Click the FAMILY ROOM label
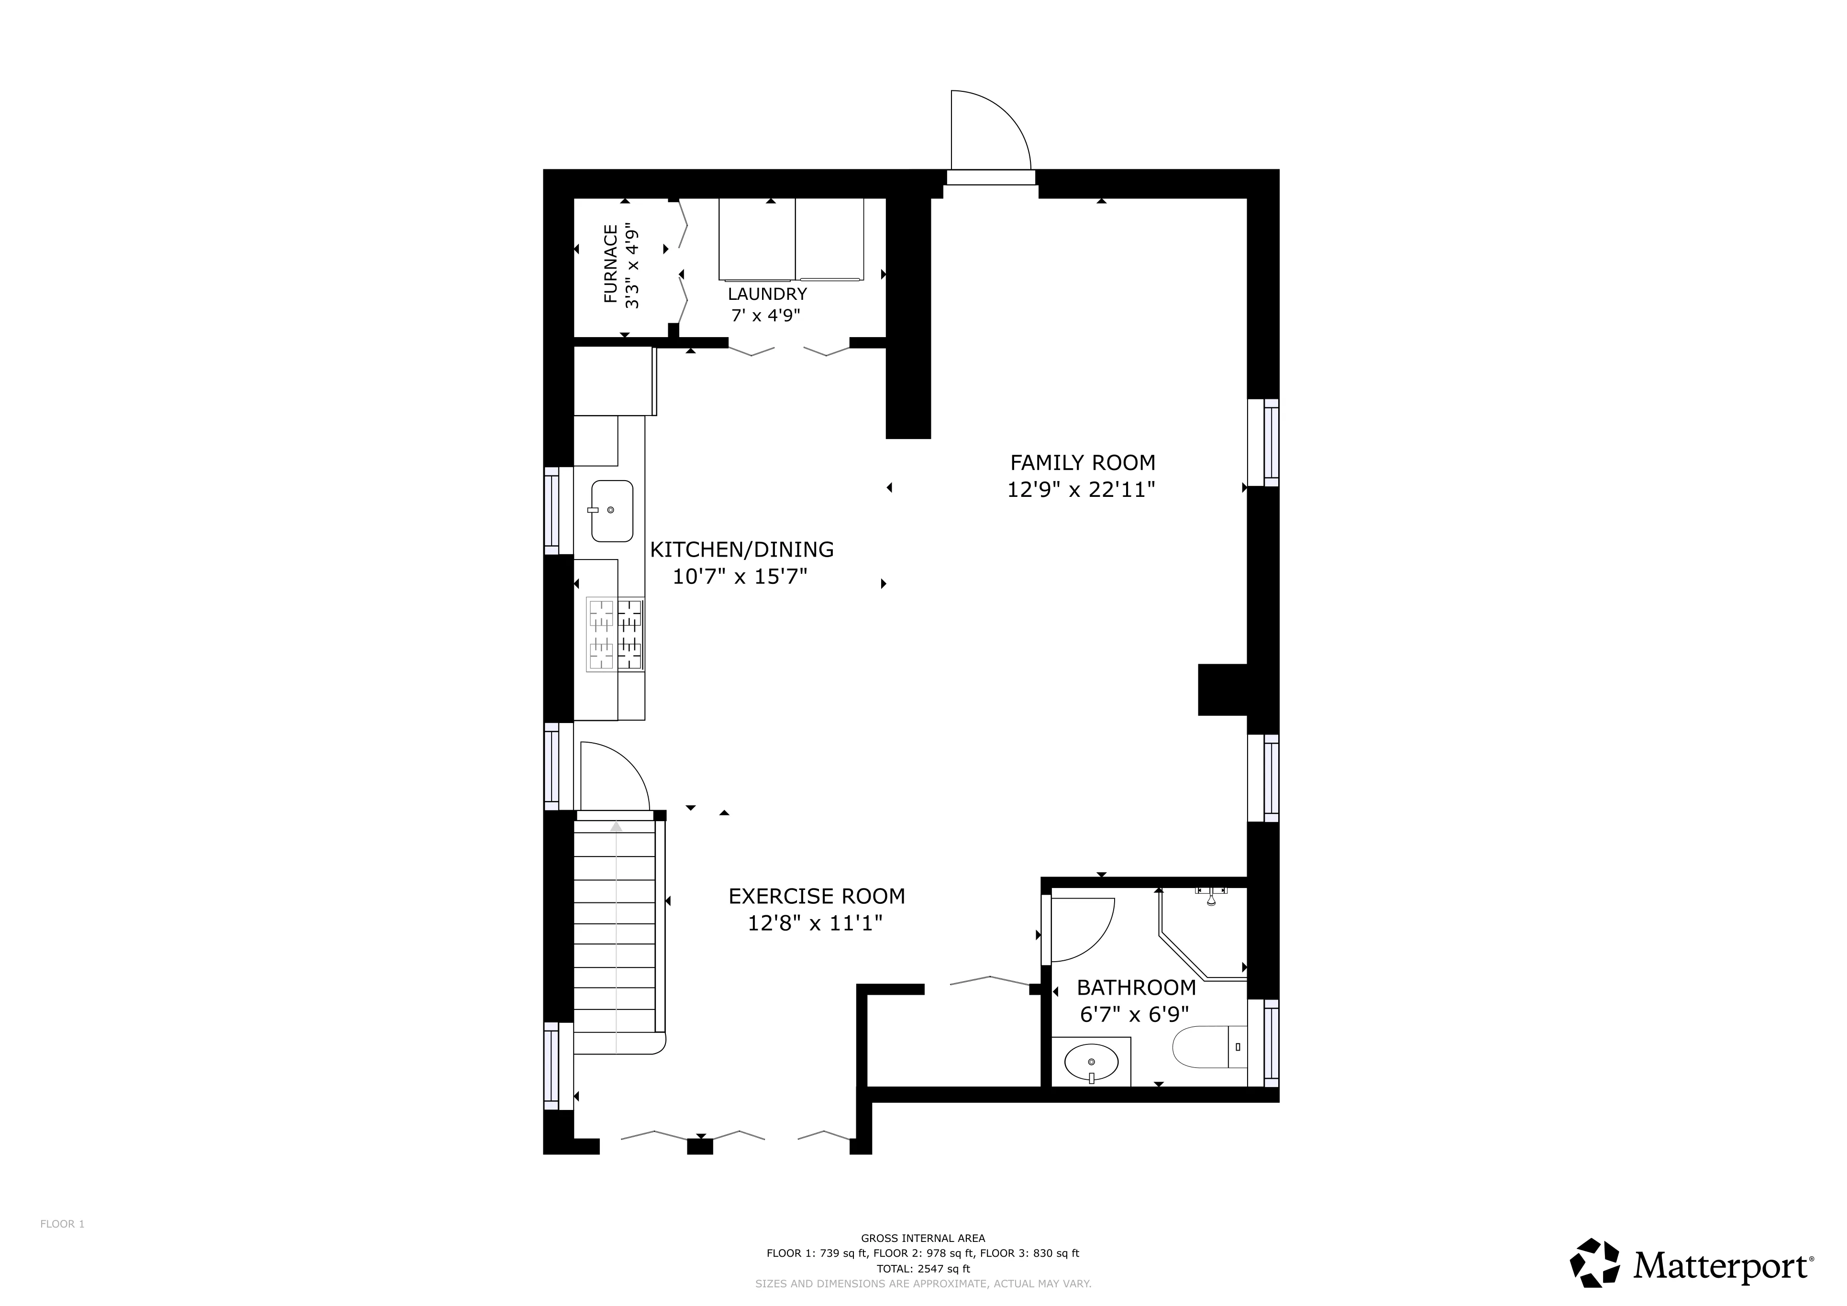point(1082,463)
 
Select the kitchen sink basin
point(612,511)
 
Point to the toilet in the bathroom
point(1206,1046)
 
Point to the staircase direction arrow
point(616,827)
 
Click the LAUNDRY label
point(767,294)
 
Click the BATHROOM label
point(1136,988)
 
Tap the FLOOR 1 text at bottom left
point(62,1224)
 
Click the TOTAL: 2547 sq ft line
point(923,1269)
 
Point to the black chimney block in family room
point(1221,689)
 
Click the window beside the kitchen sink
point(552,511)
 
